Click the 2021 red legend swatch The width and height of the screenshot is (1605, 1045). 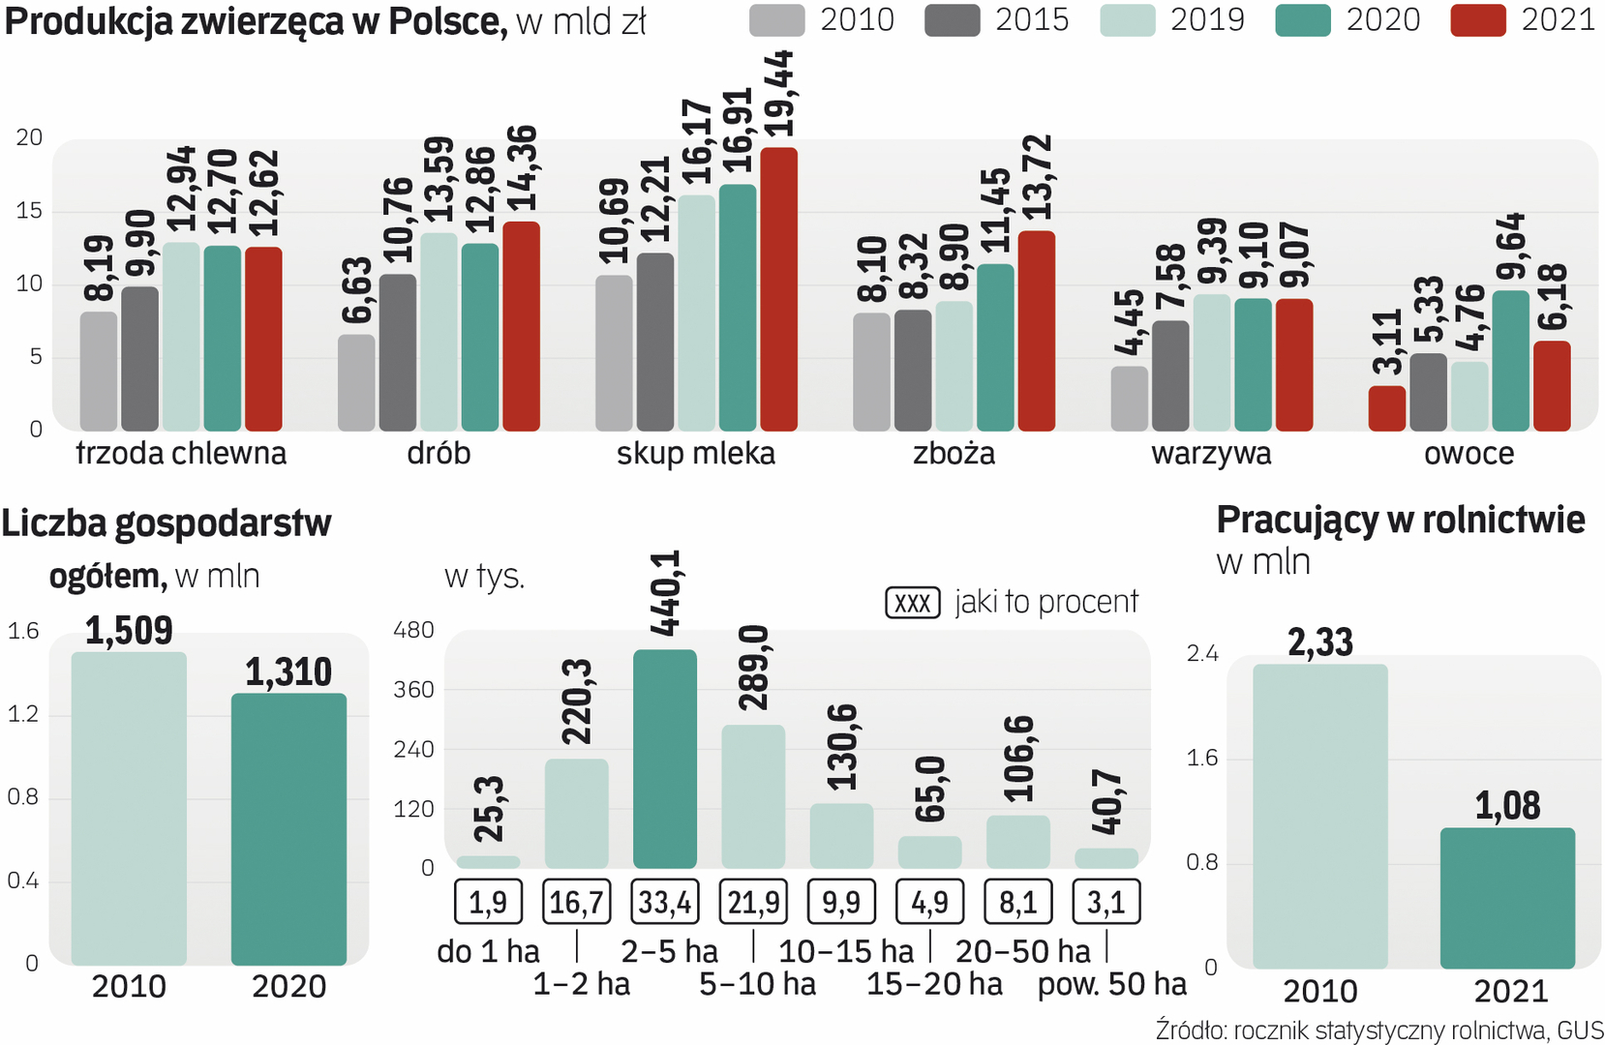tap(1477, 20)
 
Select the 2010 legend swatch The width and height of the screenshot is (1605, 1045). tap(776, 20)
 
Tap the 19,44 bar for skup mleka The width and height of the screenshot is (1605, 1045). tap(778, 289)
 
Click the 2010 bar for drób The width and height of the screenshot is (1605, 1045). tap(356, 383)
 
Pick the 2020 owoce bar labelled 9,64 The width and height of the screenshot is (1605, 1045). tap(1510, 361)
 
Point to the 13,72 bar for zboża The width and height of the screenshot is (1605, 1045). tap(1036, 331)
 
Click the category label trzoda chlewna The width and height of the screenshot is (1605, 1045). tap(181, 453)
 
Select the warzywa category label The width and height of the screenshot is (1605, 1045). tap(1211, 453)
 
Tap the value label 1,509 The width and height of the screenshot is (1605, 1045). tap(129, 631)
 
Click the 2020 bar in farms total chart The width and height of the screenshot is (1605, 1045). tap(288, 828)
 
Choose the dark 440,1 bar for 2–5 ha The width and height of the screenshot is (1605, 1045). tap(664, 759)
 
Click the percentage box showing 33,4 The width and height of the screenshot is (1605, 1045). tap(664, 902)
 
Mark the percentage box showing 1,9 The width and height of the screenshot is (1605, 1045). tap(488, 902)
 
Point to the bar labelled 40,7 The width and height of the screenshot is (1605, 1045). tap(1105, 858)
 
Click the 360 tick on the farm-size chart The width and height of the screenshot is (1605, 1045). tap(413, 690)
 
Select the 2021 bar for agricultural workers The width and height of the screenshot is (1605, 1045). tap(1507, 898)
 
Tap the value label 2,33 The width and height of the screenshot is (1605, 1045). tap(1320, 642)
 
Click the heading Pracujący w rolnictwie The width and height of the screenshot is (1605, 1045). tap(1400, 521)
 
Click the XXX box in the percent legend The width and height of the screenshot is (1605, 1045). tap(912, 603)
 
